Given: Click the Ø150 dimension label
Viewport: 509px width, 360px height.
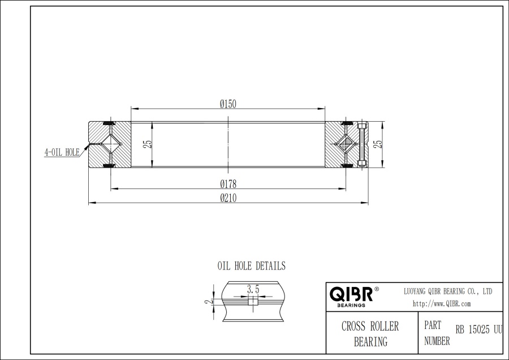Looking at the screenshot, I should click(228, 103).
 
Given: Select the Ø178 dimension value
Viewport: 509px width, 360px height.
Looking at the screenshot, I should click(228, 183).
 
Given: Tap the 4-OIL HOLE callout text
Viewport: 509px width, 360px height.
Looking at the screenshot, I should click(62, 152).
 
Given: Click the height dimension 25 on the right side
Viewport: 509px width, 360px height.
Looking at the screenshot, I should click(379, 144).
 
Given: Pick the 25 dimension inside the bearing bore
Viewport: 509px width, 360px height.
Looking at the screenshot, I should click(148, 144).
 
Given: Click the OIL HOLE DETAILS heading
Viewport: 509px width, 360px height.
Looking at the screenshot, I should click(252, 265).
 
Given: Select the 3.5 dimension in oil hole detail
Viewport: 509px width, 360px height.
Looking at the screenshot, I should click(253, 289).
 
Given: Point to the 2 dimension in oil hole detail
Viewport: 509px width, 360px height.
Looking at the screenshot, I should click(208, 302).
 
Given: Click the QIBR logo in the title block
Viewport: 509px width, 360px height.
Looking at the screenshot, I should click(351, 295).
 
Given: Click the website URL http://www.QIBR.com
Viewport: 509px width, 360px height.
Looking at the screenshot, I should click(442, 303).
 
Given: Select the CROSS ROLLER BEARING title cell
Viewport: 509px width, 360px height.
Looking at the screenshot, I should click(370, 333).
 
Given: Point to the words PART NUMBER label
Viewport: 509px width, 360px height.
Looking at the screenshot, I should click(437, 333).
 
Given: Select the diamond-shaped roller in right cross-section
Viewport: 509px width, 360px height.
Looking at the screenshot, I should click(346, 144).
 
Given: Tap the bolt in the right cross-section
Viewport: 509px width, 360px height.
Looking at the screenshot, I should click(363, 144).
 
